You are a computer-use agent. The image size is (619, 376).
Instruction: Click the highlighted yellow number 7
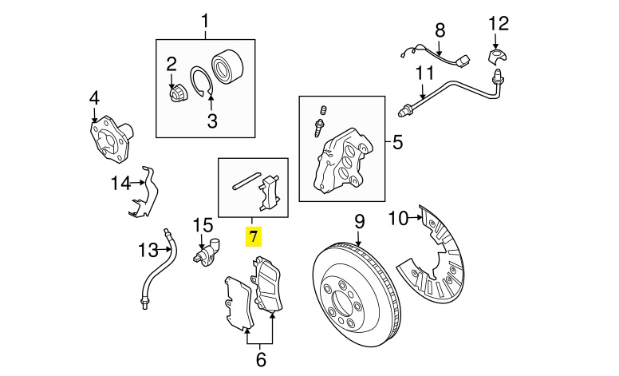(254, 237)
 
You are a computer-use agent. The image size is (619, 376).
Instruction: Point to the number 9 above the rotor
(359, 220)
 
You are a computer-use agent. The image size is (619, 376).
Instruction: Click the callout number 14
(120, 184)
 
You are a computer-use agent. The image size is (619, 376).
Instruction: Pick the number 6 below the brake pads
(261, 359)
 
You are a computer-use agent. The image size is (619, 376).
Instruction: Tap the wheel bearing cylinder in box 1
(227, 67)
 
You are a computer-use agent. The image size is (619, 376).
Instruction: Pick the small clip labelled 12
(495, 57)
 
